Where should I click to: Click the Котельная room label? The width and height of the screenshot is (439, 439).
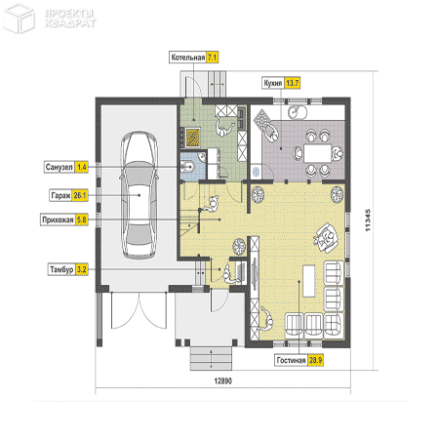tap(188, 58)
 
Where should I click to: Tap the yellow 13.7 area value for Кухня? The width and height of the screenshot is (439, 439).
tap(292, 83)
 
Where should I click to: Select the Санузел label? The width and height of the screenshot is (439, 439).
tap(59, 167)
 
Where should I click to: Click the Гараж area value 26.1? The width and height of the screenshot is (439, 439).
tap(80, 195)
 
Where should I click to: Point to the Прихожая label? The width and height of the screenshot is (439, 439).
tap(58, 219)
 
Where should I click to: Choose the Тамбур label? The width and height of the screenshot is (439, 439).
tap(61, 269)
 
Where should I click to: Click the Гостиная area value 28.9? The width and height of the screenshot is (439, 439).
tap(315, 360)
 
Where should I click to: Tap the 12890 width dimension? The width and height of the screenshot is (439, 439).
tap(223, 380)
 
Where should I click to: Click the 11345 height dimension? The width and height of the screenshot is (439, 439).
tap(368, 220)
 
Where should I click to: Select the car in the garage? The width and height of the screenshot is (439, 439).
tap(140, 195)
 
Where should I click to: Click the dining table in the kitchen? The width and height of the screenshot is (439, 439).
tap(317, 153)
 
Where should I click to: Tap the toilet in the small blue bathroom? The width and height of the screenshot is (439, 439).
tap(189, 167)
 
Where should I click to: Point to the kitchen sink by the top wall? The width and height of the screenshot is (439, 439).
tap(298, 112)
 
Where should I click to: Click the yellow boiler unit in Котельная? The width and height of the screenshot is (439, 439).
tap(192, 138)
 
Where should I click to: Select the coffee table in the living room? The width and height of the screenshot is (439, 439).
tap(309, 281)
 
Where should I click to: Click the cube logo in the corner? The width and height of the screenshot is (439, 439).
tap(19, 18)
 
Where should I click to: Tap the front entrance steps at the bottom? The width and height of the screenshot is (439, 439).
tap(211, 358)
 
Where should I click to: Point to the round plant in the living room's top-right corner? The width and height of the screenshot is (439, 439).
tap(337, 194)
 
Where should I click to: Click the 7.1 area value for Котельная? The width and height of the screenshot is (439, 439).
tap(213, 58)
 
